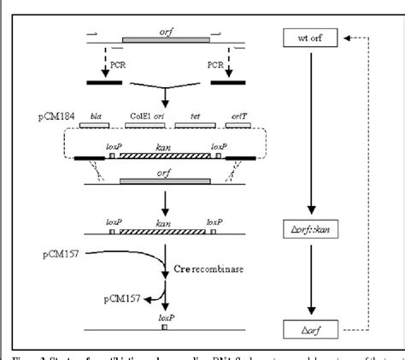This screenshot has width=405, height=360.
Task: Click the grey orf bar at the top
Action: coord(165,39)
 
